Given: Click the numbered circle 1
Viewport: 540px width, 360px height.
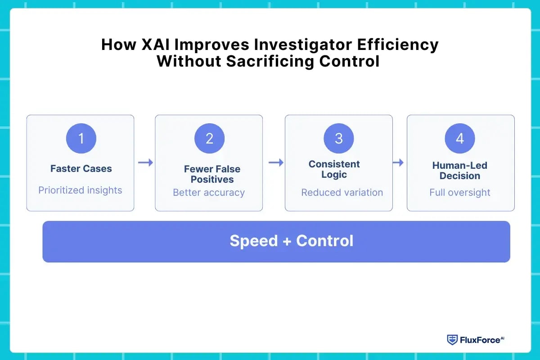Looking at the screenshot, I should click(x=81, y=139).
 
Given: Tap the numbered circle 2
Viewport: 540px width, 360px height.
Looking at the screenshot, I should click(x=209, y=139).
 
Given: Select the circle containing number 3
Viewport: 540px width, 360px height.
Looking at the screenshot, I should click(x=338, y=139).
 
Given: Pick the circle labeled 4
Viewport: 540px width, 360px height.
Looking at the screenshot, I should click(x=459, y=139).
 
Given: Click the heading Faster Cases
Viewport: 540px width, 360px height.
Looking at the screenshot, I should click(x=81, y=169).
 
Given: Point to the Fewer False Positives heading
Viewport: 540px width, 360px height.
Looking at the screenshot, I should click(x=212, y=174).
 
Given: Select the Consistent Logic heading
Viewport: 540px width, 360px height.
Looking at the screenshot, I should click(x=334, y=169).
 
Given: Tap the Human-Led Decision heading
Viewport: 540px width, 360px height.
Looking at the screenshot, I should click(x=459, y=171).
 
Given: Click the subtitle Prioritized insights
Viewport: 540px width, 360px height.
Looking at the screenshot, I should click(x=80, y=190).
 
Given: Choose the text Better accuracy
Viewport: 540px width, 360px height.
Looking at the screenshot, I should click(x=209, y=193).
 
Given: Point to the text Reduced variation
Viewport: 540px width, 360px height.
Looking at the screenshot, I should click(x=342, y=193).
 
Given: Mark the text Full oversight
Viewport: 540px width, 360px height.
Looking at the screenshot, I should click(x=459, y=193).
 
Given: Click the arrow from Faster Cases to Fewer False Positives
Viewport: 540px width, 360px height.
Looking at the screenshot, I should click(x=145, y=162).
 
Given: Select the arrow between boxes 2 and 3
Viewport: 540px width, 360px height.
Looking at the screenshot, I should click(x=275, y=162).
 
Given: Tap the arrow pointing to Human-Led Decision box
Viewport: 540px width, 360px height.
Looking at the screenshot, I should click(x=398, y=162).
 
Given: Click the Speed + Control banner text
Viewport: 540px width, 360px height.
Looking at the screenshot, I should click(x=291, y=241).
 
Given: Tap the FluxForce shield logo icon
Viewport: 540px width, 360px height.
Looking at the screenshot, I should click(x=452, y=340).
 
